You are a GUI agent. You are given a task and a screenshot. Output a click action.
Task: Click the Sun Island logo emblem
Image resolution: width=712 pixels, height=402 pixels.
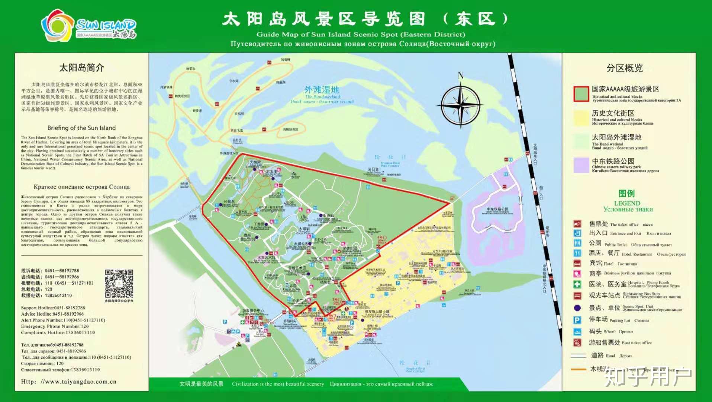(x=58, y=26)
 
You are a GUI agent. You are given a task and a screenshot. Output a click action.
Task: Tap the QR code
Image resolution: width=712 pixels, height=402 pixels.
(x=119, y=284)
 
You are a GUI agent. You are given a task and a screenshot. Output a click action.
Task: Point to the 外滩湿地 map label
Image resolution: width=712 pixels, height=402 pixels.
(x=322, y=90)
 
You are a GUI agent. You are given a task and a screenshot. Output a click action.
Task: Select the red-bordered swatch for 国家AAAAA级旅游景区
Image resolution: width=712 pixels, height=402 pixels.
(x=581, y=94)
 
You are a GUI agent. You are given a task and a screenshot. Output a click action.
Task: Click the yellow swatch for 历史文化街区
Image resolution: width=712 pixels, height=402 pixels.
(x=581, y=118)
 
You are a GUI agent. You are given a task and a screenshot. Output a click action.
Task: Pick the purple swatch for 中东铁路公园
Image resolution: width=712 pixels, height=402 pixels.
(x=581, y=165)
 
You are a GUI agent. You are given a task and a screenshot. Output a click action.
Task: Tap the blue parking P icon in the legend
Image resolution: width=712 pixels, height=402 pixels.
(x=577, y=320)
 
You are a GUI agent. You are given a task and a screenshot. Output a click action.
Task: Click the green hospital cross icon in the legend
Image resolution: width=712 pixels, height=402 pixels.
(x=577, y=284)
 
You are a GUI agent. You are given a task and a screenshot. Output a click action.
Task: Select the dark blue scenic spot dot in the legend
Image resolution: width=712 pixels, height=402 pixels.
(x=577, y=308)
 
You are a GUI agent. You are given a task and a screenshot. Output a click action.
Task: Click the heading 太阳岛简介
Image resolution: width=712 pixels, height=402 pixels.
(x=81, y=68)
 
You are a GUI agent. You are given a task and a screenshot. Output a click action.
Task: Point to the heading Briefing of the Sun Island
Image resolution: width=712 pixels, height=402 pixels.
(x=81, y=128)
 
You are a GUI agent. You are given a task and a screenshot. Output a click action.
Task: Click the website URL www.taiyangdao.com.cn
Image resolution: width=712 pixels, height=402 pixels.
(x=69, y=382)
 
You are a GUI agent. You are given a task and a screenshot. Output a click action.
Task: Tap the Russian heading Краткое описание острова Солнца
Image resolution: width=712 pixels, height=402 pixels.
(x=81, y=187)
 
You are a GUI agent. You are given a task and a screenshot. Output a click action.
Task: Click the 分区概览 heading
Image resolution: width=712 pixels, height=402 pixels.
(x=625, y=68)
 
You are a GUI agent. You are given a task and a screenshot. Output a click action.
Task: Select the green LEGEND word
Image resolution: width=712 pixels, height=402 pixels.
(x=627, y=203)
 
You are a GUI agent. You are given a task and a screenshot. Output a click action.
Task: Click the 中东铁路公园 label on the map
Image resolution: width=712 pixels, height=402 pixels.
(x=497, y=209)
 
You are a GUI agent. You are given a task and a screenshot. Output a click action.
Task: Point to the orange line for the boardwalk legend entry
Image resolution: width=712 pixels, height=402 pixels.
(x=579, y=369)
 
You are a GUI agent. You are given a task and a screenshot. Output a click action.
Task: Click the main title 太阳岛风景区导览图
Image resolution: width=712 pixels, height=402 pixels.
(x=323, y=19)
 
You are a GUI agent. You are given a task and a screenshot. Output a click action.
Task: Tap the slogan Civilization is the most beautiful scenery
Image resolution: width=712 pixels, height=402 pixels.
(x=278, y=384)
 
